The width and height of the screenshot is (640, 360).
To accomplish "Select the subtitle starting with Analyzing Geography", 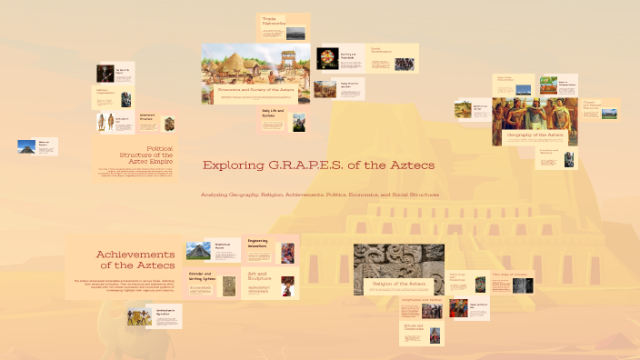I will [x=320, y=195].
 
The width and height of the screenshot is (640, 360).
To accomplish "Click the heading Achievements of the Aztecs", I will [x=136, y=260].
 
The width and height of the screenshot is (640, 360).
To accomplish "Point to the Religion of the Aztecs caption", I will [x=399, y=285].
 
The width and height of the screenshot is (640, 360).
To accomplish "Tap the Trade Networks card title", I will [x=275, y=21].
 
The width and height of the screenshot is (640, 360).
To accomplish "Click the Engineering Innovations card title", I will [x=261, y=243].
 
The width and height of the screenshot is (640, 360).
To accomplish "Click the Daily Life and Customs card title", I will [x=274, y=114].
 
